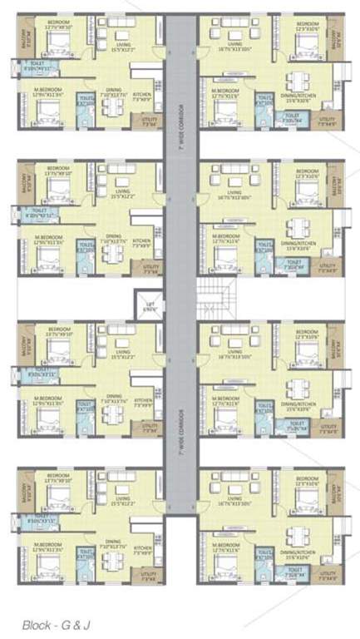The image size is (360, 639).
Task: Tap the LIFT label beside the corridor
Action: (x=150, y=305)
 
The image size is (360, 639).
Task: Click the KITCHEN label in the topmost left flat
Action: (x=142, y=96)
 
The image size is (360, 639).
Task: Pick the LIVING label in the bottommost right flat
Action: (x=235, y=499)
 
